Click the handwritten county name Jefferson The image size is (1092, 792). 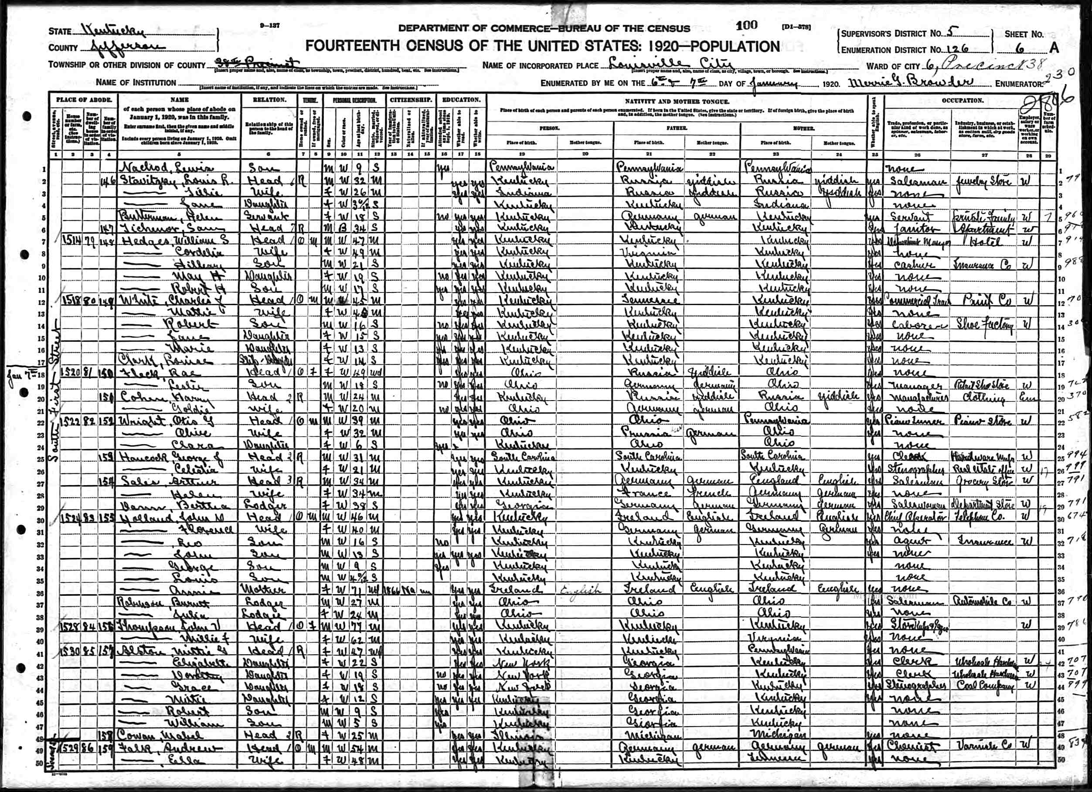128,47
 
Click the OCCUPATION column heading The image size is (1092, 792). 963,100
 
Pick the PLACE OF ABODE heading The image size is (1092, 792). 84,100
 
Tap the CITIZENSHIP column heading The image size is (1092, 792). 411,100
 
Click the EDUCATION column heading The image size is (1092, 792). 461,100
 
